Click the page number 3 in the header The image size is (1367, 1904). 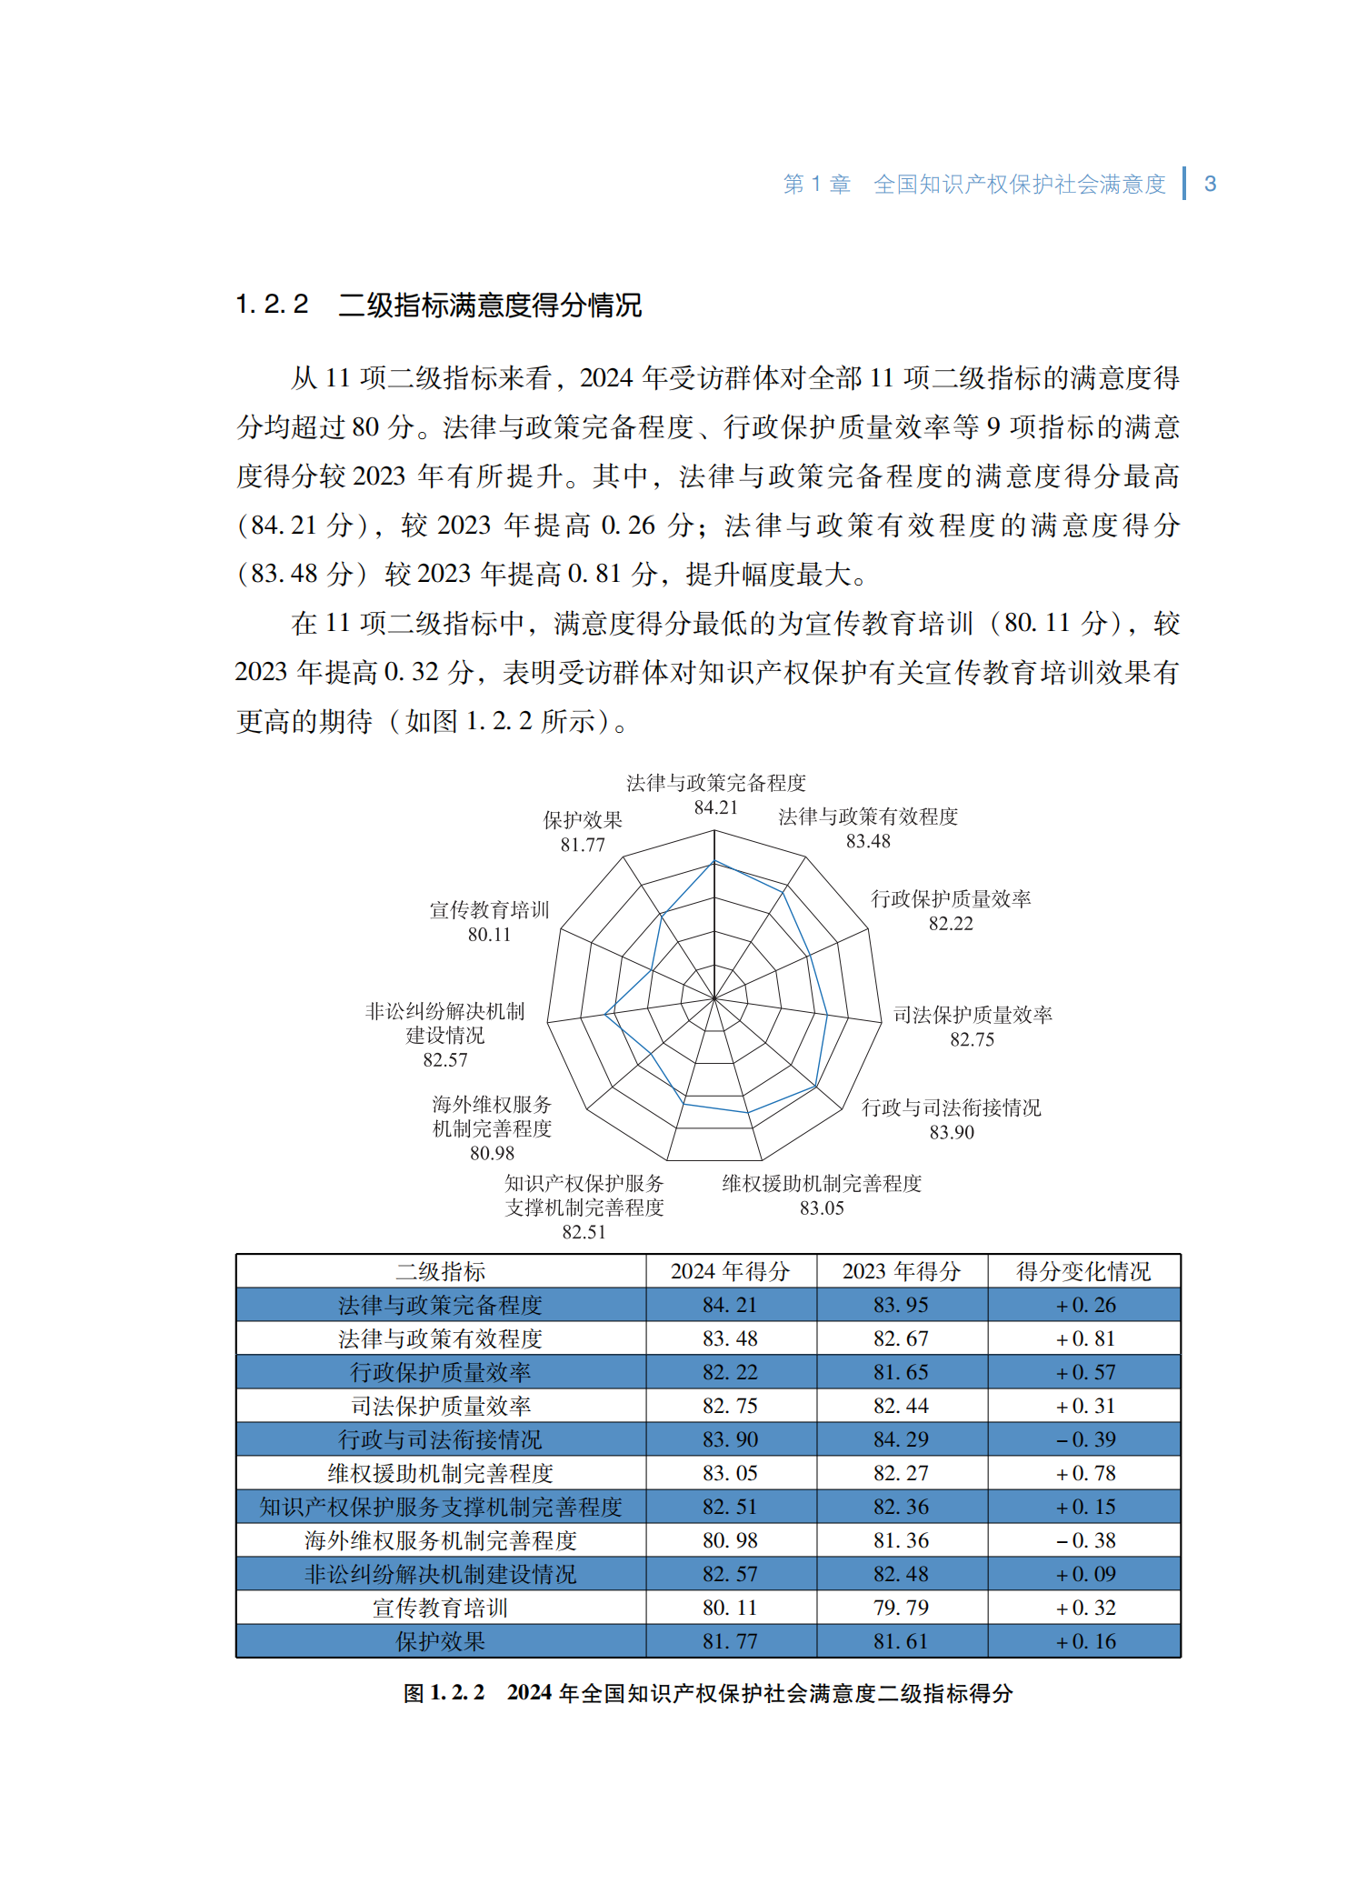point(1210,184)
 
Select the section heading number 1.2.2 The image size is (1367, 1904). point(272,304)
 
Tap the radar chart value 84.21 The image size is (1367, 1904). point(715,807)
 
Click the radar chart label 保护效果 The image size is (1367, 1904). point(583,820)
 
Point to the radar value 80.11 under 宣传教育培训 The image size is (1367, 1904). point(489,935)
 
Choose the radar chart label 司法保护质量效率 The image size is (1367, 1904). point(973,1015)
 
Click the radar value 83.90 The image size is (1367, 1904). point(952,1132)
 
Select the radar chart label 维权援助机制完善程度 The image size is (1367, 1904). point(822,1184)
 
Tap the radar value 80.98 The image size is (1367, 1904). point(492,1153)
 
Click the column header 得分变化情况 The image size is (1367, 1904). point(1083,1271)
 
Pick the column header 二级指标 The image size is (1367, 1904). point(441,1271)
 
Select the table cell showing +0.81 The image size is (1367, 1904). point(1085,1338)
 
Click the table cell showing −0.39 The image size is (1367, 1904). point(1085,1439)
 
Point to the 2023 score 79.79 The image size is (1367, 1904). point(901,1608)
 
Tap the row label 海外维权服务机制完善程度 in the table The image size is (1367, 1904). point(441,1540)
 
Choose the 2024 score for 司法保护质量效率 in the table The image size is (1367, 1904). point(730,1406)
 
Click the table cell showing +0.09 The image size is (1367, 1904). point(1085,1574)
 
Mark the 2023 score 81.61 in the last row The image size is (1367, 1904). point(901,1641)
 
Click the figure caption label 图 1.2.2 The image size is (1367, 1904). point(444,1693)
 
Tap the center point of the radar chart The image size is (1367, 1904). point(714,997)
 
